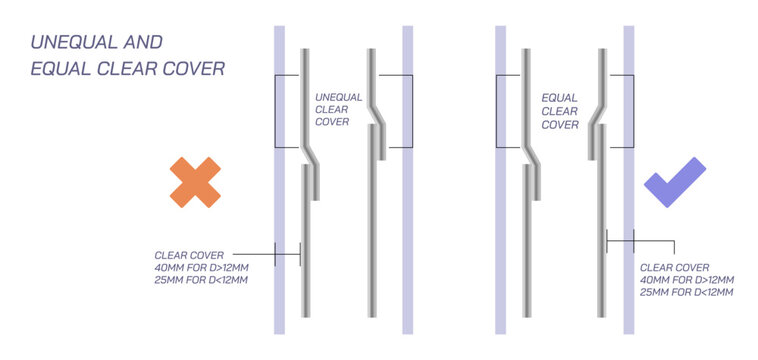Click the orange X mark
coord(195,182)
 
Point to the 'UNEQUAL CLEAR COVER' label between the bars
coord(338,110)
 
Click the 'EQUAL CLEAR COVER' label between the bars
coord(560,112)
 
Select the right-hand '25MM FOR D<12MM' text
coord(687,292)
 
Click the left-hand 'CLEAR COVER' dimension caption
coord(189,255)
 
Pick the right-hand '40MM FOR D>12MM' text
coord(687,280)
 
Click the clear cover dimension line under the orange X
coord(266,254)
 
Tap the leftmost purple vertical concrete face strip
coord(279,180)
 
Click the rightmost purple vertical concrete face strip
coord(628,180)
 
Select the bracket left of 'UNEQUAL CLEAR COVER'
coord(275,111)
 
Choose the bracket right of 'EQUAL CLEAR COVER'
coord(633,111)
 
